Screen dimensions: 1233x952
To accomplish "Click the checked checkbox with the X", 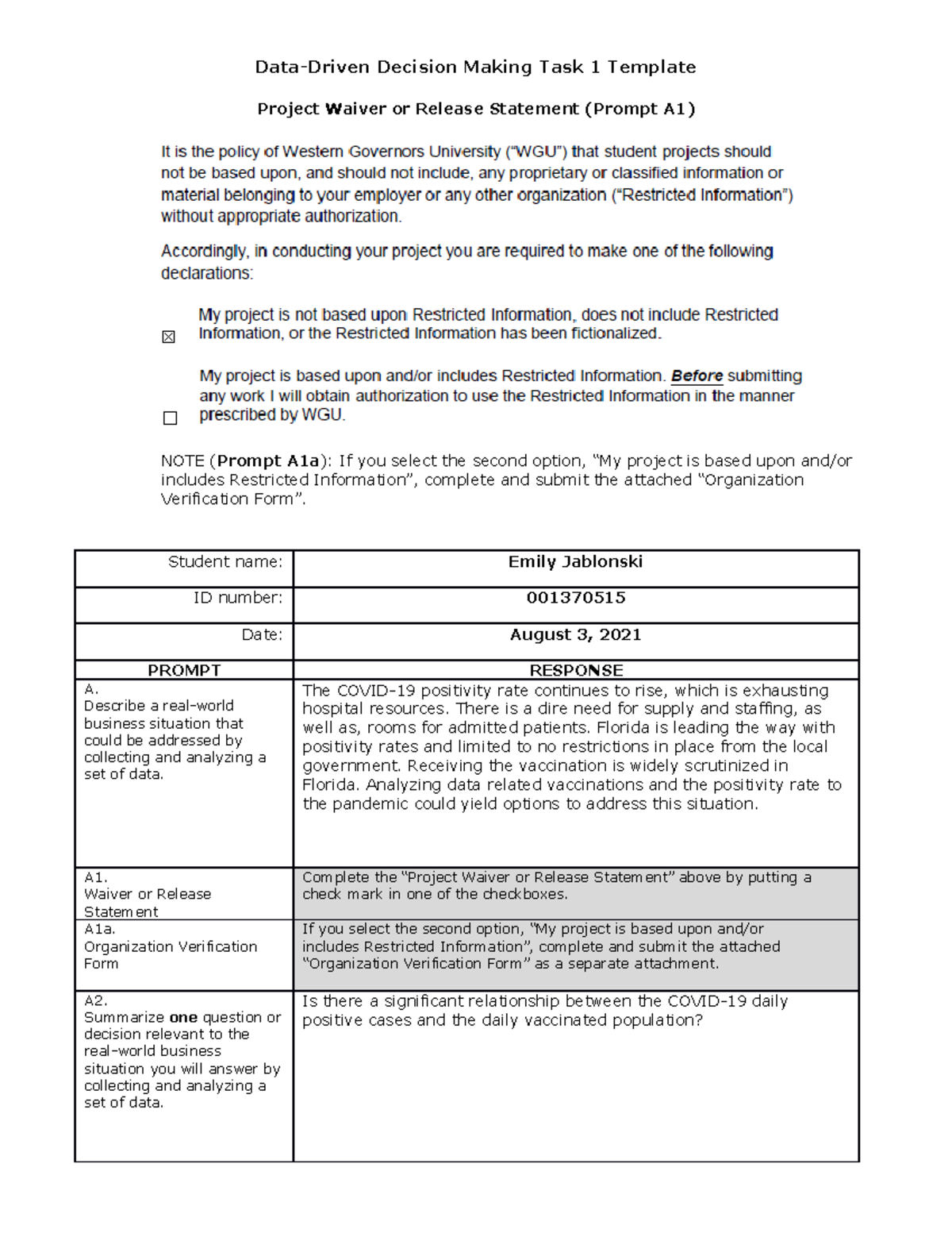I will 168,337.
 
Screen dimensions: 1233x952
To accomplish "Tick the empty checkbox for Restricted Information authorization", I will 170,418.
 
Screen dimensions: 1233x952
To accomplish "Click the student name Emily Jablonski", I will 575,562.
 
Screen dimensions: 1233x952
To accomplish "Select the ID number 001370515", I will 575,598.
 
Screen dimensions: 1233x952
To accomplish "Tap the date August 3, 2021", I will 575,634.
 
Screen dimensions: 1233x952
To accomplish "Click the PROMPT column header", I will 184,670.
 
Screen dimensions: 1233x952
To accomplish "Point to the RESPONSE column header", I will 576,670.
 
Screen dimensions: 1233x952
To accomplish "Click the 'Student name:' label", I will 225,562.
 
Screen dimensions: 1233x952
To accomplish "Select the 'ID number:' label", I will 237,598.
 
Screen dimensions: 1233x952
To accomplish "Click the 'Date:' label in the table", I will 262,634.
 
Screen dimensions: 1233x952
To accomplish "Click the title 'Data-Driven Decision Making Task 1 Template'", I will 475,67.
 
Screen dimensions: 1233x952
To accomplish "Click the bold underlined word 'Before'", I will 697,376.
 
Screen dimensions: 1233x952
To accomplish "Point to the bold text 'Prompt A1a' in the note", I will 268,460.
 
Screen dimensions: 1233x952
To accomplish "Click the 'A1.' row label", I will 96,877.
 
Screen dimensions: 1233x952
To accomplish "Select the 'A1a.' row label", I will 100,929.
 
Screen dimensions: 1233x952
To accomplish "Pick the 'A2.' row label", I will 96,1001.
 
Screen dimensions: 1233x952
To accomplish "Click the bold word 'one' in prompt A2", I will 183,1018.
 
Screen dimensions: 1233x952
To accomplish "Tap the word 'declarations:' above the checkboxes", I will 207,273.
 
